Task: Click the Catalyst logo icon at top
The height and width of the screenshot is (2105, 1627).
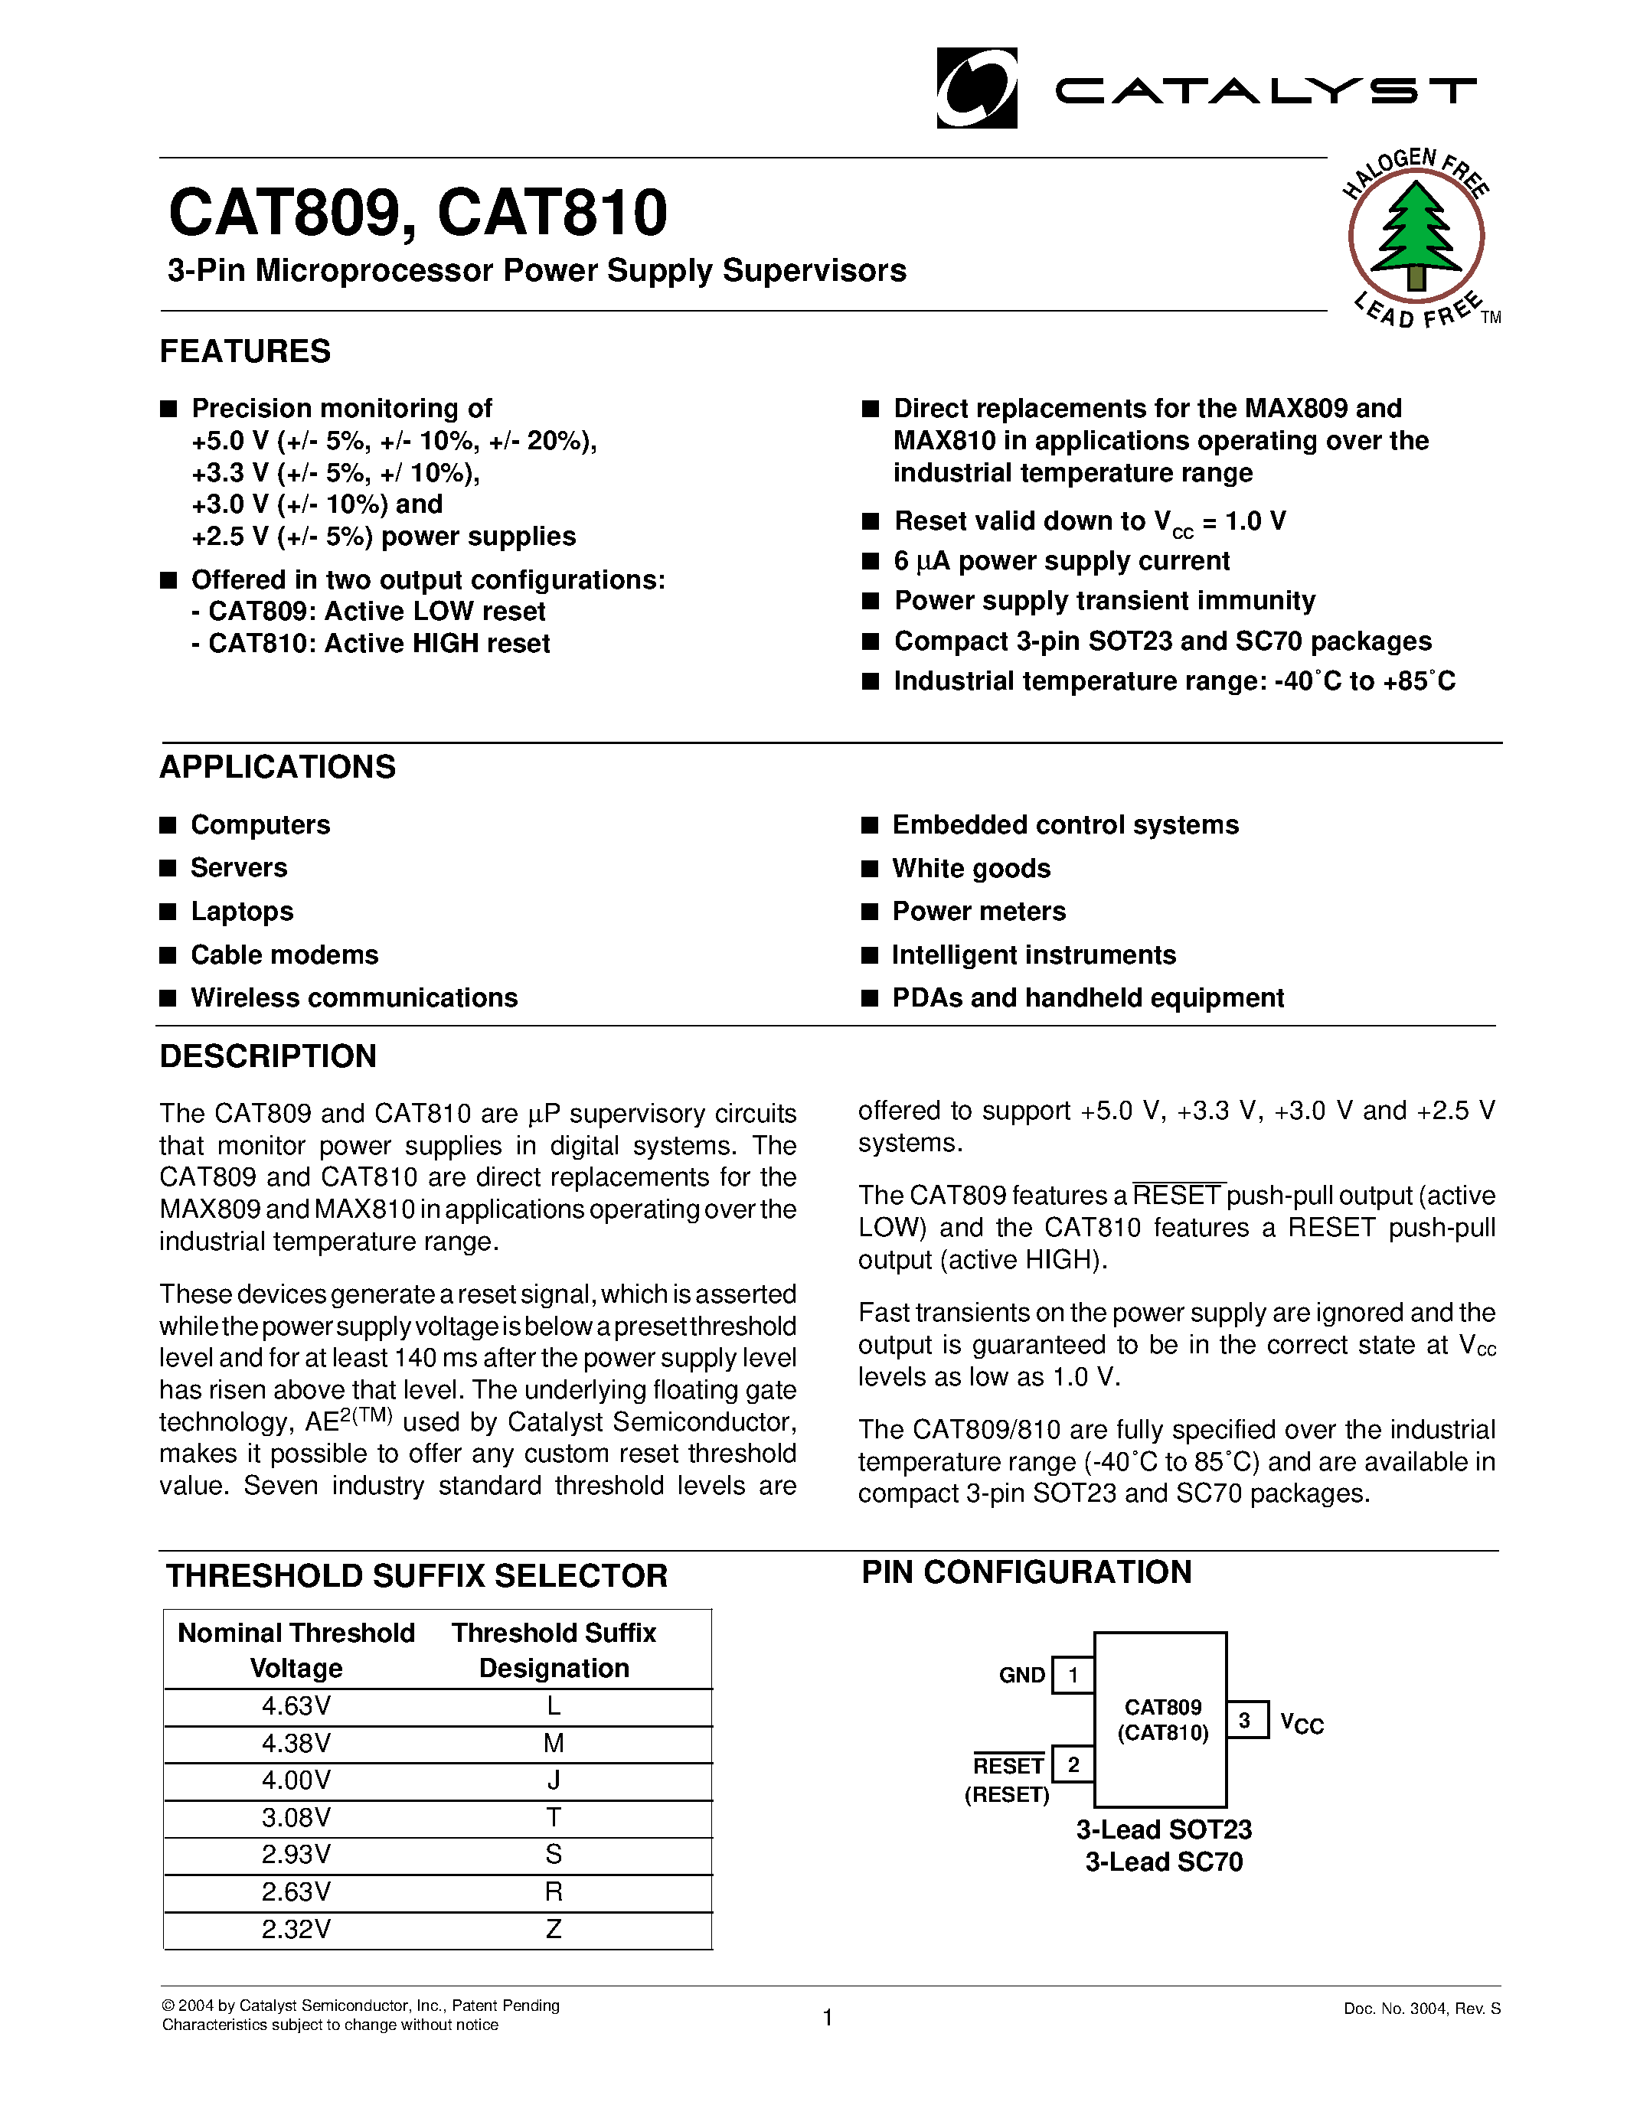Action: click(976, 89)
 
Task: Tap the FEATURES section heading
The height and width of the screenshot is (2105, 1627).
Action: click(245, 351)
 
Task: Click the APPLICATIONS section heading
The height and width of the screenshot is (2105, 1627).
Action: click(278, 767)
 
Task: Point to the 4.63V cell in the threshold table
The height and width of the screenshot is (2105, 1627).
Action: click(296, 1707)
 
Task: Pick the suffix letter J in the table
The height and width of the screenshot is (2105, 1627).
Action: click(554, 1781)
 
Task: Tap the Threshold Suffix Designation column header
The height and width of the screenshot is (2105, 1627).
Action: click(554, 1651)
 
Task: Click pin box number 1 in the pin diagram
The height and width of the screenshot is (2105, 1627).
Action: click(1073, 1675)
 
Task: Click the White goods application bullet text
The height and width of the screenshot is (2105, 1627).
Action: click(971, 869)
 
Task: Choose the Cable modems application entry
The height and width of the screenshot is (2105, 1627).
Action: click(284, 955)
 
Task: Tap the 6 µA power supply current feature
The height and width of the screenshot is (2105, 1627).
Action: click(1061, 561)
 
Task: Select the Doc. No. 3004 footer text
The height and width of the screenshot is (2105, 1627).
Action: click(1422, 2009)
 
